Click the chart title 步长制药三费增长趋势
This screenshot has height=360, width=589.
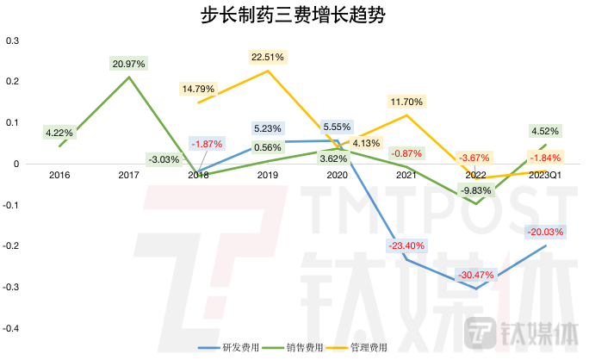(x=294, y=15)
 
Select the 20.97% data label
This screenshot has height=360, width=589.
(x=129, y=63)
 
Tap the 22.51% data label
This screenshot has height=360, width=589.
(x=268, y=57)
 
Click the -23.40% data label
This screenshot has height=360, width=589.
(x=406, y=246)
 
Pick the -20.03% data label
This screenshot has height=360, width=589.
(x=546, y=232)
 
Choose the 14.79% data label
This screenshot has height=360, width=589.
(x=198, y=88)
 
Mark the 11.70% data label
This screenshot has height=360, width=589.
(x=406, y=101)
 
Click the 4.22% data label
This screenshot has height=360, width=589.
(x=60, y=133)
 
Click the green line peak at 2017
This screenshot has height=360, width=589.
(x=130, y=77)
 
